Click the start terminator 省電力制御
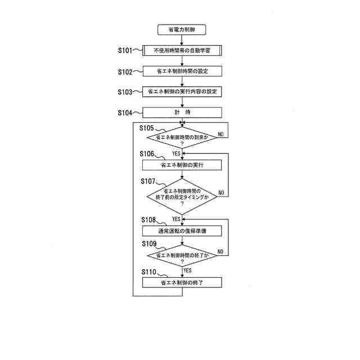(x=182, y=29)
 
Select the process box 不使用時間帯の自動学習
(x=182, y=51)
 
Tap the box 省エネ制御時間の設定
(x=182, y=71)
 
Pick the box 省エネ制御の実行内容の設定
(x=182, y=91)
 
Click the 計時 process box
(x=182, y=112)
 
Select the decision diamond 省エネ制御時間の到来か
(x=182, y=138)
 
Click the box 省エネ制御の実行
(x=182, y=165)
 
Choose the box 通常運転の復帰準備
(x=182, y=231)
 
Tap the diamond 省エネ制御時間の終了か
(x=182, y=256)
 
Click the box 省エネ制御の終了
(x=182, y=283)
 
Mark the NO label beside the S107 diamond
(x=221, y=193)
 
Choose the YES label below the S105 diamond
(x=176, y=153)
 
